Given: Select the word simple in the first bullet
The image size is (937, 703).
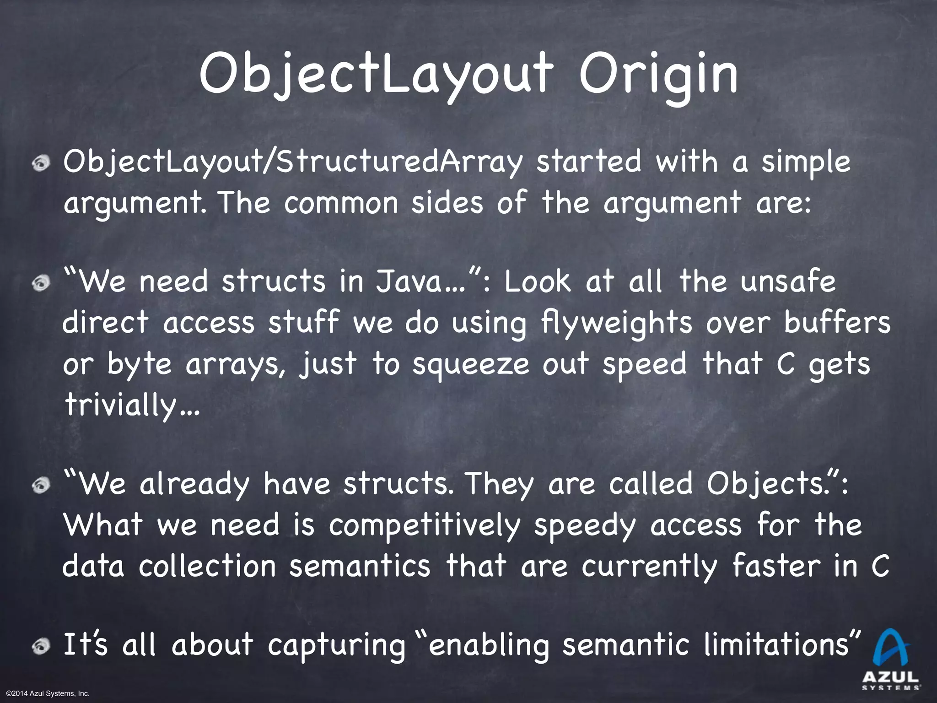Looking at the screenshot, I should tap(805, 162).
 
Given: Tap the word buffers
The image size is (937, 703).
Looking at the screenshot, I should tap(837, 322).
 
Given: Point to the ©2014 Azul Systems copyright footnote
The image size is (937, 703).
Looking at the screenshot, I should tap(48, 694).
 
